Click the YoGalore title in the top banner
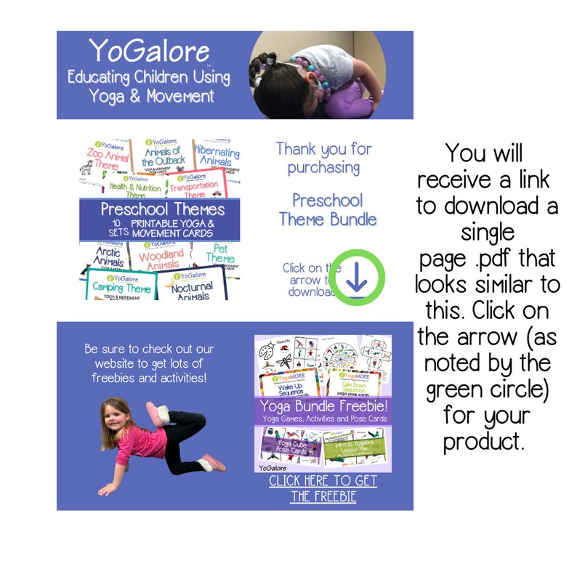pos(149,51)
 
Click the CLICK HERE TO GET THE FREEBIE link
pos(323,489)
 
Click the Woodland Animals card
pos(161,259)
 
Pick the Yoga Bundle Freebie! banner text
pos(322,405)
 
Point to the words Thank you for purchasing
pos(323,158)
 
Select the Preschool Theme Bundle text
pos(326,209)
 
